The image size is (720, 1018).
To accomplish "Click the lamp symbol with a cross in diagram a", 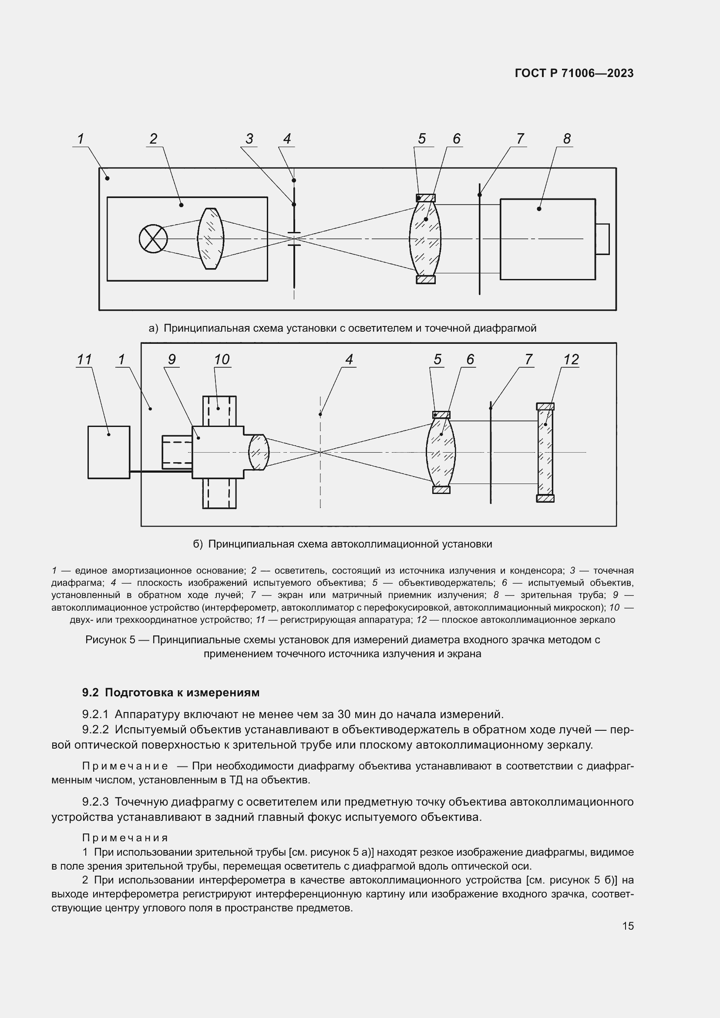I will coord(153,239).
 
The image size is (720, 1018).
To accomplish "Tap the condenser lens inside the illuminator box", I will coord(211,239).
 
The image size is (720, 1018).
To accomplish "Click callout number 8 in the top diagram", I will coord(567,139).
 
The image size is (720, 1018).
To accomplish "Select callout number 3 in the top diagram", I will coord(249,139).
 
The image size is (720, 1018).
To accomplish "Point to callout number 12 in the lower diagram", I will coord(571,359).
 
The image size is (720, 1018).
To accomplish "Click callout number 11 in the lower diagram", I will coord(84,359).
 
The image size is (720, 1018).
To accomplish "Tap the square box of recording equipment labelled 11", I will coord(109,452).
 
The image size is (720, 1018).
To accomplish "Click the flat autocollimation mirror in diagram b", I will coord(545,452).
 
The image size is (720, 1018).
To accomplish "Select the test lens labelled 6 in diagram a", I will coord(425,239).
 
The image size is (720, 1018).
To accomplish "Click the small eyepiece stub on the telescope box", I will coord(602,239).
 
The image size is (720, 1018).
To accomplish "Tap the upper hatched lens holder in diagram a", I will coord(426,198).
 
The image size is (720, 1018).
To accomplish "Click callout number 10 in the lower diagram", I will coord(222,359).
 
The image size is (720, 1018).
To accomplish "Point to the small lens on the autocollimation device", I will coord(259,452).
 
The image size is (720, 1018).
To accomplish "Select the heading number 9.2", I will coord(91,692).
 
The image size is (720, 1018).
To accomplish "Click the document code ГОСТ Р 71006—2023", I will coord(574,74).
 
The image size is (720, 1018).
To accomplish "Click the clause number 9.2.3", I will coord(95,802).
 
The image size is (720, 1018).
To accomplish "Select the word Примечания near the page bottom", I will coord(125,837).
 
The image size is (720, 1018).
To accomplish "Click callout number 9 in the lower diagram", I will coord(172,359).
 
